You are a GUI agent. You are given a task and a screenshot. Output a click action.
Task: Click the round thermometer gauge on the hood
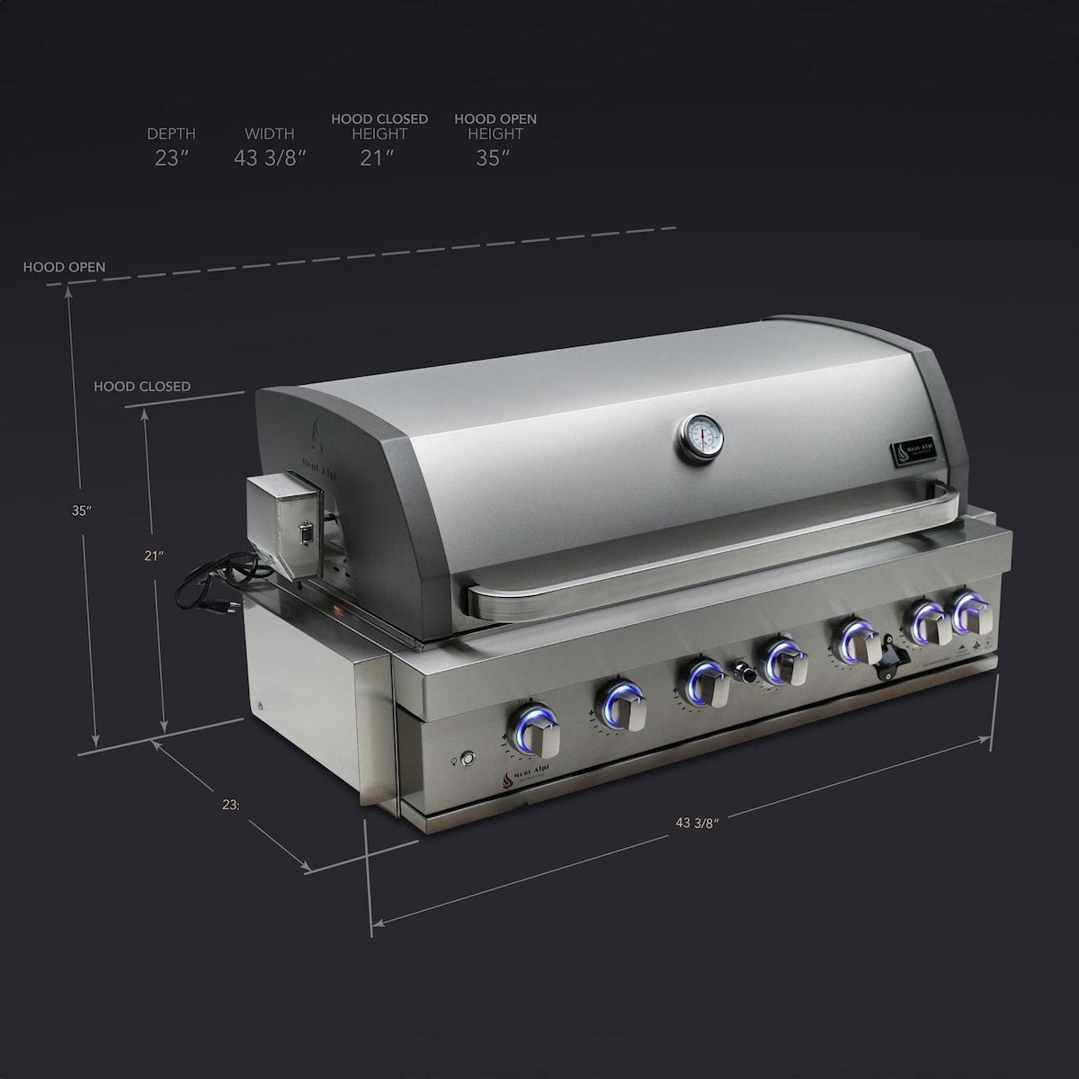700,439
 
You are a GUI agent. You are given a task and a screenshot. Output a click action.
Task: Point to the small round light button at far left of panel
466,758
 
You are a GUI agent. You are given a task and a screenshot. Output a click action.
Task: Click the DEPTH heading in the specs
171,134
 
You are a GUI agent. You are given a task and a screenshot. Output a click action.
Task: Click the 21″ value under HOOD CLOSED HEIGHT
379,158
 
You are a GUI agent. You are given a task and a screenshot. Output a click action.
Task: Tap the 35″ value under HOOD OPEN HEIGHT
494,158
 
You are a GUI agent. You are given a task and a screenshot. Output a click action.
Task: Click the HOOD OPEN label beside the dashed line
64,267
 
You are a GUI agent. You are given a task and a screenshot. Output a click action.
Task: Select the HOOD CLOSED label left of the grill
142,387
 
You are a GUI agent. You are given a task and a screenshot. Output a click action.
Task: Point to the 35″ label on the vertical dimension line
82,510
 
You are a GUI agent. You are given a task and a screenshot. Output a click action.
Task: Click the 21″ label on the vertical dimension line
153,555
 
